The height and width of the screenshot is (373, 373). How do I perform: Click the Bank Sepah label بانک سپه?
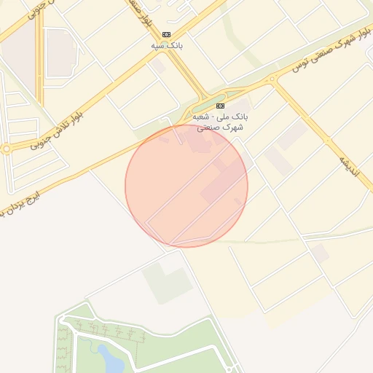click(166, 46)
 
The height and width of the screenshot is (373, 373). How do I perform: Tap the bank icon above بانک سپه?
click(166, 34)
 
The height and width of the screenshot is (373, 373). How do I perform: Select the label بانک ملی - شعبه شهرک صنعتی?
click(221, 122)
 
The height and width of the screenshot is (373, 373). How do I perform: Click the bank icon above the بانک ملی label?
click(221, 106)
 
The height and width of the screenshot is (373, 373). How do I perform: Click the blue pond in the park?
click(109, 357)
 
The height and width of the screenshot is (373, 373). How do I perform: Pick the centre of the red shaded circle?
click(186, 186)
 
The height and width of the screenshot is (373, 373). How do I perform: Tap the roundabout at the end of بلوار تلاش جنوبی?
click(6, 149)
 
